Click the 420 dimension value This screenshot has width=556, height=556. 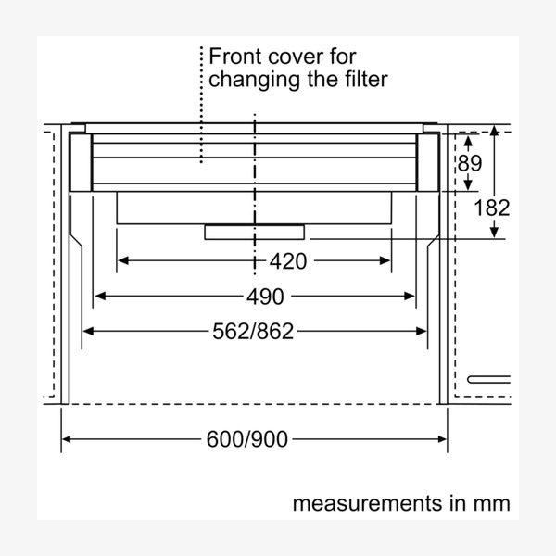(288, 261)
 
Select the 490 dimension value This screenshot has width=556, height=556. (265, 297)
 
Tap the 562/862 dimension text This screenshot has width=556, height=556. (253, 332)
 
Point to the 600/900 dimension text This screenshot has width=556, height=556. (247, 439)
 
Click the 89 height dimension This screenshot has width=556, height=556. (470, 163)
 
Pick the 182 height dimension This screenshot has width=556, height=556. (492, 208)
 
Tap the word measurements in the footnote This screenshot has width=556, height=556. (367, 503)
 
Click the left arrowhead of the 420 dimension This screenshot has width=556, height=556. (122, 260)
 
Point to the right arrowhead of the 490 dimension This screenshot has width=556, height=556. (410, 296)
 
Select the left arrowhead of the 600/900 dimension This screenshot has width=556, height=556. (67, 439)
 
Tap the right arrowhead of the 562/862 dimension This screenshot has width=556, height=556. (422, 331)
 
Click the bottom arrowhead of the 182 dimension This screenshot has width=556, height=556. (494, 233)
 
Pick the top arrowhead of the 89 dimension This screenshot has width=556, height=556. (468, 142)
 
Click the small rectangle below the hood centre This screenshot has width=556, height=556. (254, 233)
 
